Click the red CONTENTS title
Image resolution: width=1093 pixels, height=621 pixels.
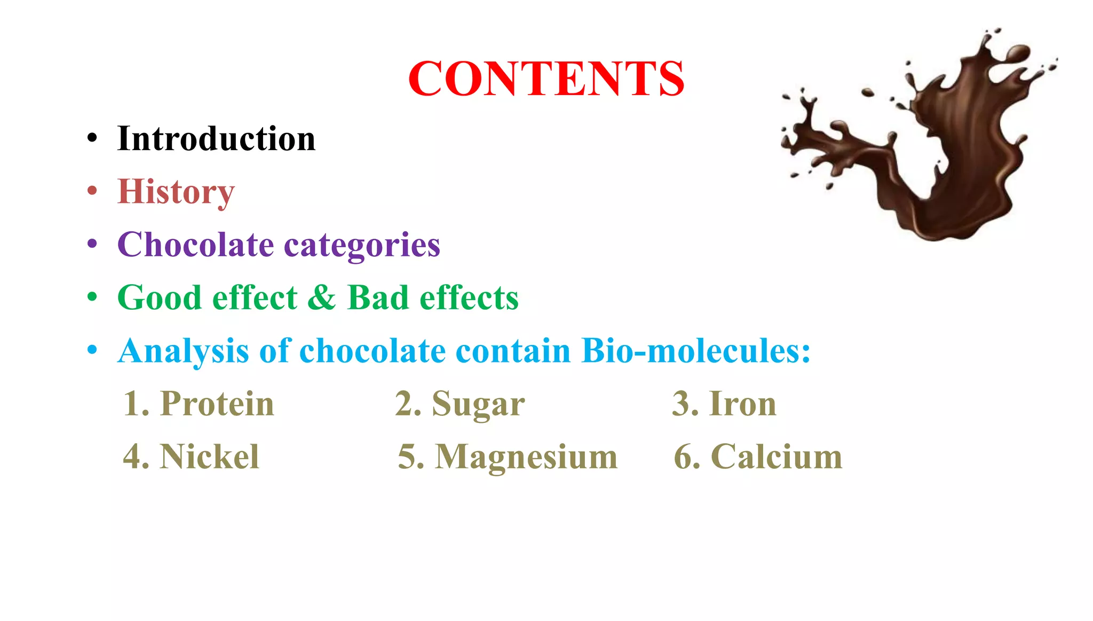pyautogui.click(x=546, y=78)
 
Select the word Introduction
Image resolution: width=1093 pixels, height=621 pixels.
pyautogui.click(x=216, y=139)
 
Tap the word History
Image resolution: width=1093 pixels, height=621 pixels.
pyautogui.click(x=176, y=192)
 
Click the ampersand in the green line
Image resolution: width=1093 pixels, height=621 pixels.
pyautogui.click(x=322, y=297)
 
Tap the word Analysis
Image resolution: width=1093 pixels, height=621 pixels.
pyautogui.click(x=184, y=351)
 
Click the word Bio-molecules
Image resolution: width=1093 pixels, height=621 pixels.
pyautogui.click(x=696, y=351)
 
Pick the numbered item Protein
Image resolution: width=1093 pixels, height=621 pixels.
pyautogui.click(x=217, y=403)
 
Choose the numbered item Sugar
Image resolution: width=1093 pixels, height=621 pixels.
pyautogui.click(x=478, y=404)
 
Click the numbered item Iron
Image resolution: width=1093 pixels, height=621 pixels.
pyautogui.click(x=742, y=403)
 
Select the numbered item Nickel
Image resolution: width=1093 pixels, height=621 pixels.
pyautogui.click(x=209, y=457)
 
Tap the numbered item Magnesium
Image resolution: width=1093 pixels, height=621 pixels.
pyautogui.click(x=526, y=457)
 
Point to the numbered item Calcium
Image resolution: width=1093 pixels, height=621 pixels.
pyautogui.click(x=777, y=457)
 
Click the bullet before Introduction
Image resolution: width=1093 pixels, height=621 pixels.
pyautogui.click(x=92, y=138)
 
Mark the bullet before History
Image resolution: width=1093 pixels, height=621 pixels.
pyautogui.click(x=92, y=191)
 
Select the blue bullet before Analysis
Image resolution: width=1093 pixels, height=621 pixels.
pyautogui.click(x=92, y=350)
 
